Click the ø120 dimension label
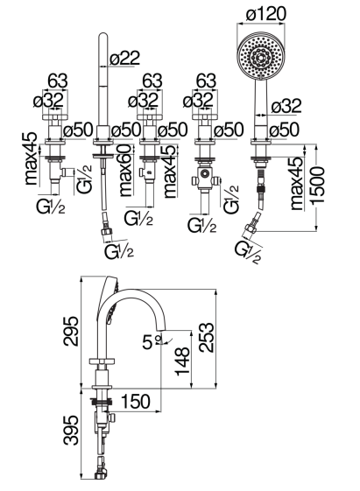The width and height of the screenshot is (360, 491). click(265, 14)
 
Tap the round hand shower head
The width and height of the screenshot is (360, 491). click(261, 56)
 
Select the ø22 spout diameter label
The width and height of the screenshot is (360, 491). click(124, 58)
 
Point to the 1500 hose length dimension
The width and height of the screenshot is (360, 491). click(318, 186)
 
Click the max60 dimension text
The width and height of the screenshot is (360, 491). click(126, 171)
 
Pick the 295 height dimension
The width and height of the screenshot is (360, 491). click(71, 331)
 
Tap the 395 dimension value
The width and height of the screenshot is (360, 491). click(71, 430)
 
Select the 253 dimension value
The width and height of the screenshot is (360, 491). click(207, 338)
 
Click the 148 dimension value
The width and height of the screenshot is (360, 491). click(182, 361)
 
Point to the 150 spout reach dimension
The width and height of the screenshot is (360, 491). click(136, 402)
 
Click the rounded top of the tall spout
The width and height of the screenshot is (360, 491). click(103, 35)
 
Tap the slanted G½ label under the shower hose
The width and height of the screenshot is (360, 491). click(248, 253)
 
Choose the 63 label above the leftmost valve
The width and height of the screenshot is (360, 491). click(58, 81)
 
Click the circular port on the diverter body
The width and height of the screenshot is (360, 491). click(205, 173)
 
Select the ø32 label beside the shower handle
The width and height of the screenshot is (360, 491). click(286, 106)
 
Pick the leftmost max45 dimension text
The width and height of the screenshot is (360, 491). click(32, 158)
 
